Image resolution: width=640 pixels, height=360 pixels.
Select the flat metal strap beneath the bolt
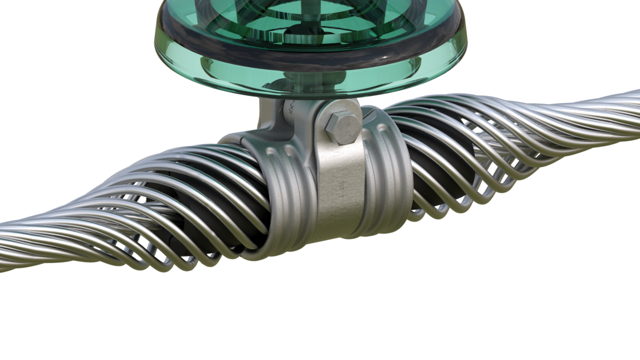[340, 181]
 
